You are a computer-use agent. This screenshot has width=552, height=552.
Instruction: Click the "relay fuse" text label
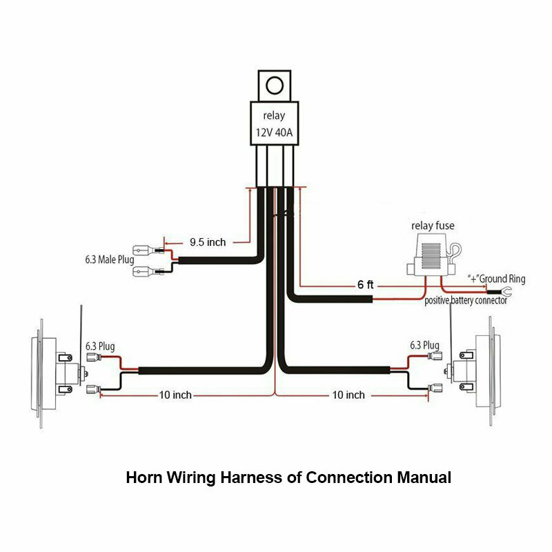(x=433, y=226)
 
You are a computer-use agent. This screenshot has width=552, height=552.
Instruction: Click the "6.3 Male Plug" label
(x=106, y=262)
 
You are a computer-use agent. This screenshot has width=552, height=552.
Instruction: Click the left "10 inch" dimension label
(x=175, y=395)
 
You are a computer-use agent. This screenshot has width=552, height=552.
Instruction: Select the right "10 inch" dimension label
(x=348, y=395)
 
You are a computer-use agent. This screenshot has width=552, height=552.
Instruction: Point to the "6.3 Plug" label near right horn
(x=424, y=345)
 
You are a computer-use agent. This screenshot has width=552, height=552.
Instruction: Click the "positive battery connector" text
(x=466, y=301)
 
